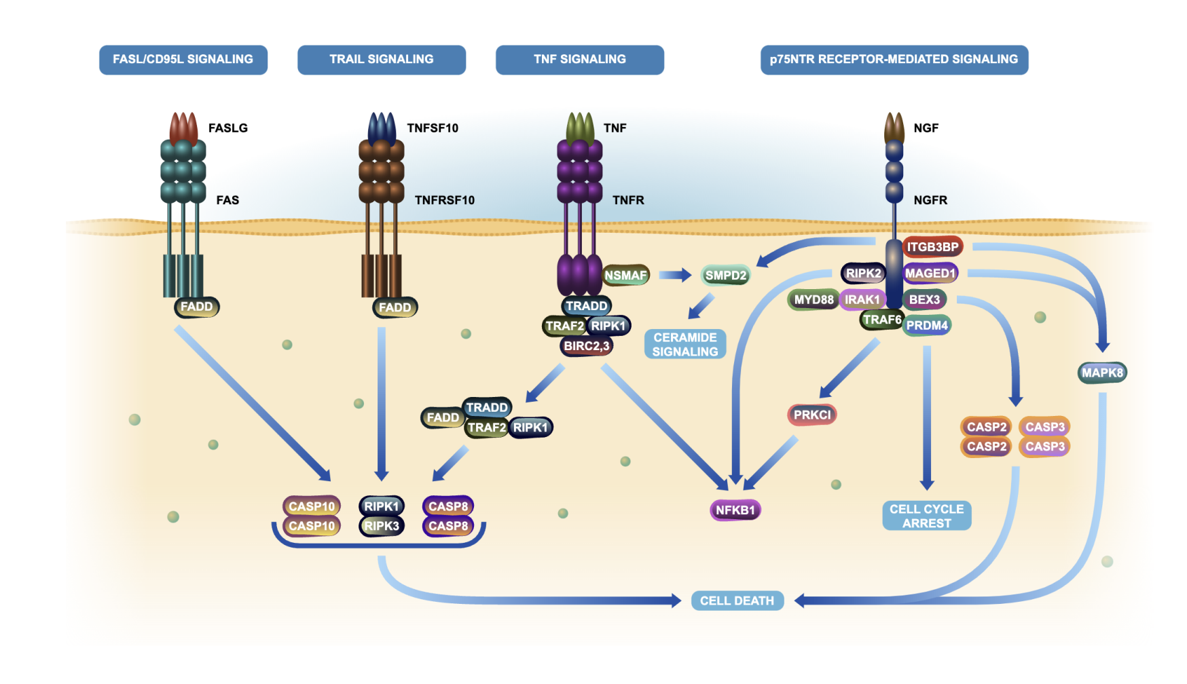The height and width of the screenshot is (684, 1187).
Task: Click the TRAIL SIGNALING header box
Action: coord(381,60)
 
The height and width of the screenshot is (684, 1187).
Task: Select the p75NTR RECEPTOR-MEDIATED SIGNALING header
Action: coord(894,60)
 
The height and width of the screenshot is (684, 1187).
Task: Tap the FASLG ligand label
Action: coord(227,128)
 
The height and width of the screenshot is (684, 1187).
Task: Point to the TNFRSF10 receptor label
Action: coord(444,200)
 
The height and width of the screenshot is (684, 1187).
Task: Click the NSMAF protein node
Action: coord(625,275)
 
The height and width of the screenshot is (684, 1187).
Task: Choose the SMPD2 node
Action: coord(725,275)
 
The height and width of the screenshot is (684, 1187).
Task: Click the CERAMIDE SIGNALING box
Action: coord(684,345)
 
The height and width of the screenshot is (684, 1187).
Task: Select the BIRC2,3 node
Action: coord(587,346)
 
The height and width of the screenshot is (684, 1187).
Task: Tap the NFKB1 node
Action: coord(735,510)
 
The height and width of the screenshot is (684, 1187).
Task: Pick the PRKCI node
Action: coord(812,415)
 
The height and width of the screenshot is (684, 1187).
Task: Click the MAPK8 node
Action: coord(1102,373)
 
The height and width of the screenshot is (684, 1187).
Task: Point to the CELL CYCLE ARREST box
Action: coord(926,516)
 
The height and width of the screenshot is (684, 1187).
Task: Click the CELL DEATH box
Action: coord(737,601)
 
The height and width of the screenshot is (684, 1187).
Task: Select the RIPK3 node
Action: coord(381,526)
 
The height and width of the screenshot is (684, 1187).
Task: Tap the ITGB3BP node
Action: coord(932,247)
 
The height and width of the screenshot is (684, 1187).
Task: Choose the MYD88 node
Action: coord(814,299)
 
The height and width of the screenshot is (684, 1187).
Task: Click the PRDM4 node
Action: coord(926,325)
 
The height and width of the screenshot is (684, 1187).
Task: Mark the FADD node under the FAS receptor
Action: coord(196,307)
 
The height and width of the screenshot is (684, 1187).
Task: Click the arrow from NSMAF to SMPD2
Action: coord(675,275)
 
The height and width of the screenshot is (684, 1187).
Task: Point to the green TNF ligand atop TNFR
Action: coord(580,127)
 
